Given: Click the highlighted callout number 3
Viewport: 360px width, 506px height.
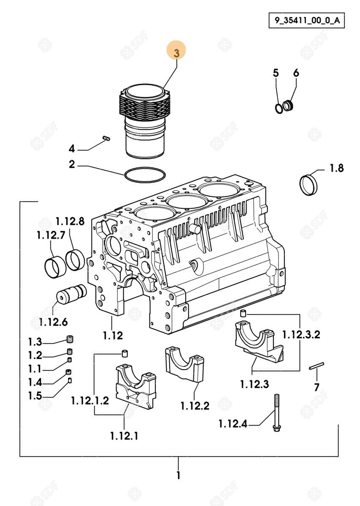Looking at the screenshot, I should (176, 52).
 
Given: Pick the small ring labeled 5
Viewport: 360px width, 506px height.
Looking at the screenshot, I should (279, 108).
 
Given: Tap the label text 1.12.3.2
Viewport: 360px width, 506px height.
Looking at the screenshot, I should (301, 335).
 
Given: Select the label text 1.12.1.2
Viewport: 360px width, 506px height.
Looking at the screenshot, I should (90, 400).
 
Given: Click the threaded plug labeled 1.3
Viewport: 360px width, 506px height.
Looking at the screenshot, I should (70, 339).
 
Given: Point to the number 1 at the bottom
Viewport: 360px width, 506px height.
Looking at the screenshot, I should (178, 476).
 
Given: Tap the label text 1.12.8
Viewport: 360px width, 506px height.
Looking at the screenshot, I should (70, 221).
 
